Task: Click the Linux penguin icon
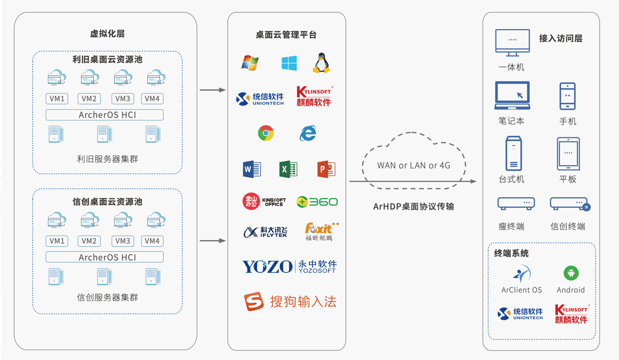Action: point(321,63)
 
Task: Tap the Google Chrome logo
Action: point(266,133)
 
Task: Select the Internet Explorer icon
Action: point(308,133)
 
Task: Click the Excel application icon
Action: point(288,169)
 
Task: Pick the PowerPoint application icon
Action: point(326,169)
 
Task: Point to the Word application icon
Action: point(252,169)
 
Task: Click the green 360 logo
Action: point(317,202)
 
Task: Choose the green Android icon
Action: point(571,273)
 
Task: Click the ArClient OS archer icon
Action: point(522,274)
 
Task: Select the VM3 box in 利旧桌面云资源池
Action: point(123,99)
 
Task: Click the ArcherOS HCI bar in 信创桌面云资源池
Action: point(104,257)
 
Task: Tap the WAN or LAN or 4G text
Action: point(413,165)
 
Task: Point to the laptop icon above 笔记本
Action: point(512,95)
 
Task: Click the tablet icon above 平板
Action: point(568,154)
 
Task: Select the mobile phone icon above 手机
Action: point(567,96)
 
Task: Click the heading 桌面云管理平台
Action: point(286,35)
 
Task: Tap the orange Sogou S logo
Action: point(254,301)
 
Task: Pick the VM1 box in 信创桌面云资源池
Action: point(57,241)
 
